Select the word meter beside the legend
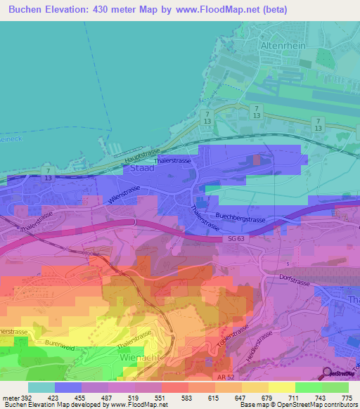pyautogui.click(x=11, y=398)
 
